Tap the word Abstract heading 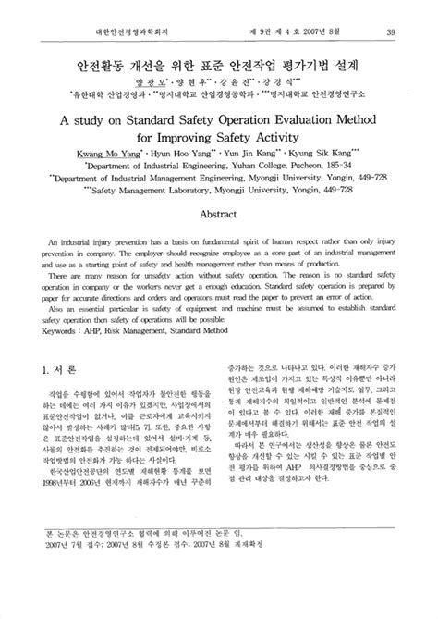pos(219,213)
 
